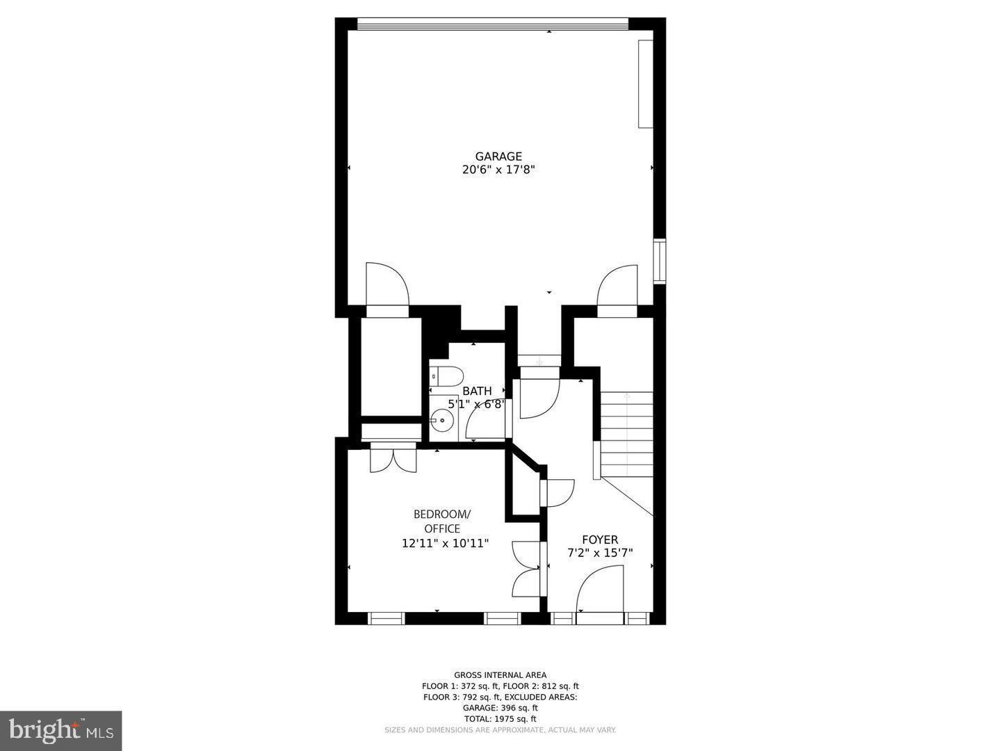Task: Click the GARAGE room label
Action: click(x=498, y=156)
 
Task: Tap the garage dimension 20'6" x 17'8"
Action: click(x=498, y=170)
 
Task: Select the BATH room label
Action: click(x=477, y=391)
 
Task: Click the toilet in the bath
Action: click(x=445, y=377)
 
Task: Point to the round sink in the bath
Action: click(x=441, y=421)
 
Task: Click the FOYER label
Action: click(x=600, y=540)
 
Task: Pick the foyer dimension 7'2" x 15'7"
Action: click(x=600, y=554)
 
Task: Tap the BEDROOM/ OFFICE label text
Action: click(x=442, y=522)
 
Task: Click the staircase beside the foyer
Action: click(x=626, y=435)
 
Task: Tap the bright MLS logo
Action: click(x=60, y=730)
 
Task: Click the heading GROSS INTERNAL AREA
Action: click(x=500, y=675)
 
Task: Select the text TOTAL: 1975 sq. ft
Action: click(x=500, y=719)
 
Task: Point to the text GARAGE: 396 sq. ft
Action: click(x=500, y=708)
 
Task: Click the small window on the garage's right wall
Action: click(x=659, y=261)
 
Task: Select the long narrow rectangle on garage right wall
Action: click(x=646, y=84)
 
